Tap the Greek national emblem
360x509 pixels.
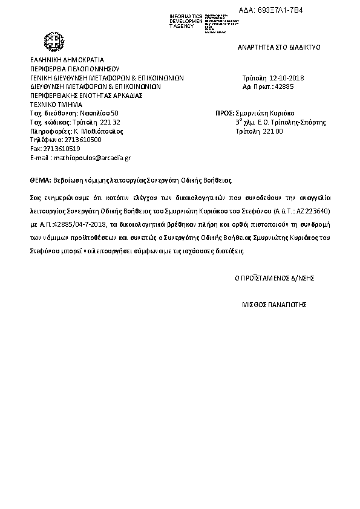(53, 43)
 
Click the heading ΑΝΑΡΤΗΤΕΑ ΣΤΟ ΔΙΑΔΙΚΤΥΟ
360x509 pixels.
(279, 47)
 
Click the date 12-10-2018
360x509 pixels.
(286, 79)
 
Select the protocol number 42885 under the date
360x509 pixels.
(284, 87)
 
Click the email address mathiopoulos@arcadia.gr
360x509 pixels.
(92, 157)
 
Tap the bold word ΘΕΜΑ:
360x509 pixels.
(40, 180)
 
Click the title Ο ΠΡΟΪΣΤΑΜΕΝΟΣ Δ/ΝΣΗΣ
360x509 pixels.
(274, 278)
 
